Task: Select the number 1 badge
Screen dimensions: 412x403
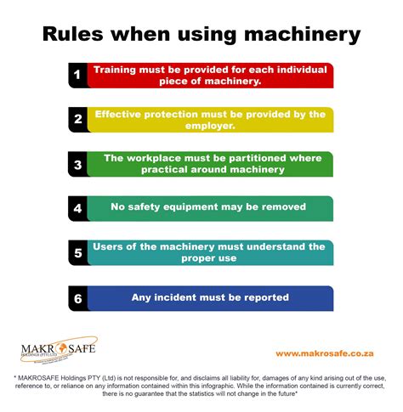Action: tap(77, 75)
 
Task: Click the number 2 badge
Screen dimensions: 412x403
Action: tap(77, 120)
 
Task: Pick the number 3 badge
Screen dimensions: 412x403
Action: tap(77, 164)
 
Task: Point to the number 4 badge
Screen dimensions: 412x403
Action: tap(77, 208)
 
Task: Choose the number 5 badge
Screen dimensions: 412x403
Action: tap(77, 252)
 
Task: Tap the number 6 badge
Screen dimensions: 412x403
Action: tap(77, 297)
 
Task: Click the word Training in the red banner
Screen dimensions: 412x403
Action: tap(119, 69)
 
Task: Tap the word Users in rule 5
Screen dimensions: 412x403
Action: tap(111, 246)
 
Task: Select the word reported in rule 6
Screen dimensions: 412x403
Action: tap(264, 297)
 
